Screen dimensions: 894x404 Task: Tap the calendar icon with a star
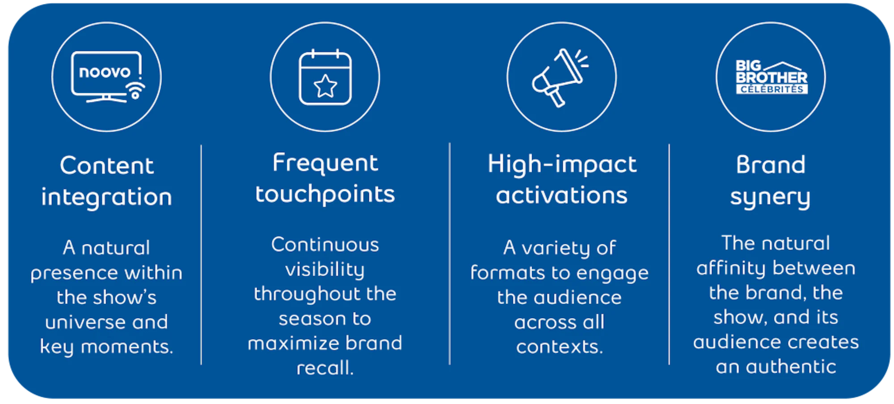(325, 77)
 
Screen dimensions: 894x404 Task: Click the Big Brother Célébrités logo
(771, 77)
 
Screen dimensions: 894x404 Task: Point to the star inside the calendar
(325, 86)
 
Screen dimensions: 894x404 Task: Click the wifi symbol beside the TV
(136, 90)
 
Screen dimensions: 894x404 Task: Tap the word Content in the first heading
(107, 165)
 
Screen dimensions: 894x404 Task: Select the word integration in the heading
(106, 198)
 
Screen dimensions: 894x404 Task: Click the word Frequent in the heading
(325, 163)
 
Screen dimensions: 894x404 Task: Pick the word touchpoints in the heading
(325, 194)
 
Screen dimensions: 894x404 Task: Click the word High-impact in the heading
(562, 164)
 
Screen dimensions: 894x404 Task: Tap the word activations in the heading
(561, 195)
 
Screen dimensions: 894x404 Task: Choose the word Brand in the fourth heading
(771, 164)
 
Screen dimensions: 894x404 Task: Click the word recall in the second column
(325, 368)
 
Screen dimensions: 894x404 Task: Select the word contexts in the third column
(559, 347)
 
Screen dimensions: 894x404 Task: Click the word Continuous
(325, 244)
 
